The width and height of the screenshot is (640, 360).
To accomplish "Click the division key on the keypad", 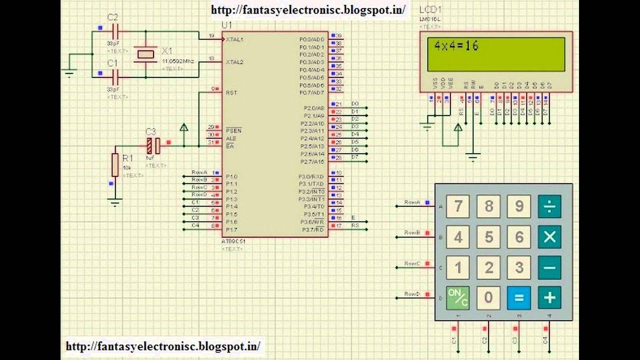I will coord(549,206).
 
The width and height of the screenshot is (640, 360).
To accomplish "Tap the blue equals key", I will coord(518,298).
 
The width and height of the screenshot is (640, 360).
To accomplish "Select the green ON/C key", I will coord(457,298).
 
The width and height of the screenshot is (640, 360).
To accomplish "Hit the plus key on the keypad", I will coord(549,298).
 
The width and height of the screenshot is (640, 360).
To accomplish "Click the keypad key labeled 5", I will coord(488,237).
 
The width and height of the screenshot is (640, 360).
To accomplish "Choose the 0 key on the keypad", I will coord(488,298).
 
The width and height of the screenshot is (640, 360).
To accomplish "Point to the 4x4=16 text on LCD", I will coord(456,46).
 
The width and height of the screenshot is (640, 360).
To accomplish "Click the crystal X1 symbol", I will coord(145,54).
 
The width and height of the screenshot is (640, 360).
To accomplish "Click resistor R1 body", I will coord(115,165).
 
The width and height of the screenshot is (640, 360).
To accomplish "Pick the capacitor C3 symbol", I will coord(153,145).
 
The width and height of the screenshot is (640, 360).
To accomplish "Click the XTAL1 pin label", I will coord(234,39).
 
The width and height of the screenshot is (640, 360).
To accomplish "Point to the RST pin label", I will coord(231,92).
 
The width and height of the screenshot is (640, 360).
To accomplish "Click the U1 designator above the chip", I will coord(226,25).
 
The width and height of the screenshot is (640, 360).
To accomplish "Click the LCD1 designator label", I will coord(430,10).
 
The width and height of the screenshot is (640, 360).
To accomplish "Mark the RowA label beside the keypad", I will coord(412,202).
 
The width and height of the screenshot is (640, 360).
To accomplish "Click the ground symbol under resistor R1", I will coord(115,202).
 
